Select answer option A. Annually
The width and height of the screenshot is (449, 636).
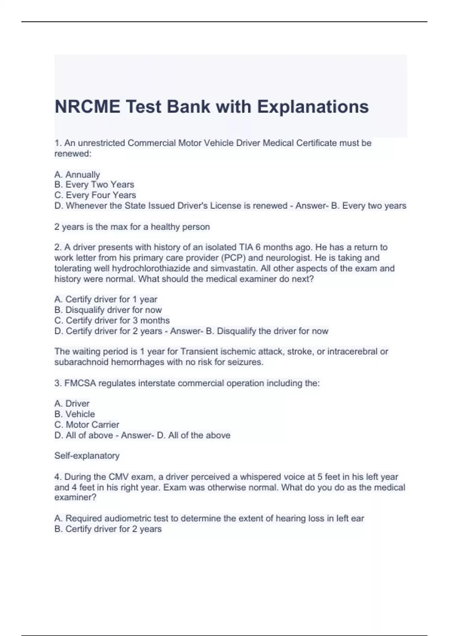point(77,175)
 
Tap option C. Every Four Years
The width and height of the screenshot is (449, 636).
point(95,195)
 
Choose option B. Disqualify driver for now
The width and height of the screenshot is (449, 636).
point(108,310)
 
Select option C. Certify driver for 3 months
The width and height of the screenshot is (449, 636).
point(112,320)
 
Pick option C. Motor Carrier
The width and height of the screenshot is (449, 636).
point(87,425)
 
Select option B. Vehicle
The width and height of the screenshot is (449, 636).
point(74,414)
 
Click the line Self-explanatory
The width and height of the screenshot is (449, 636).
point(87,456)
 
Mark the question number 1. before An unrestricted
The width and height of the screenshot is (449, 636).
point(58,143)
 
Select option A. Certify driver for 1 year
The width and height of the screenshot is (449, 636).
point(106,299)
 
